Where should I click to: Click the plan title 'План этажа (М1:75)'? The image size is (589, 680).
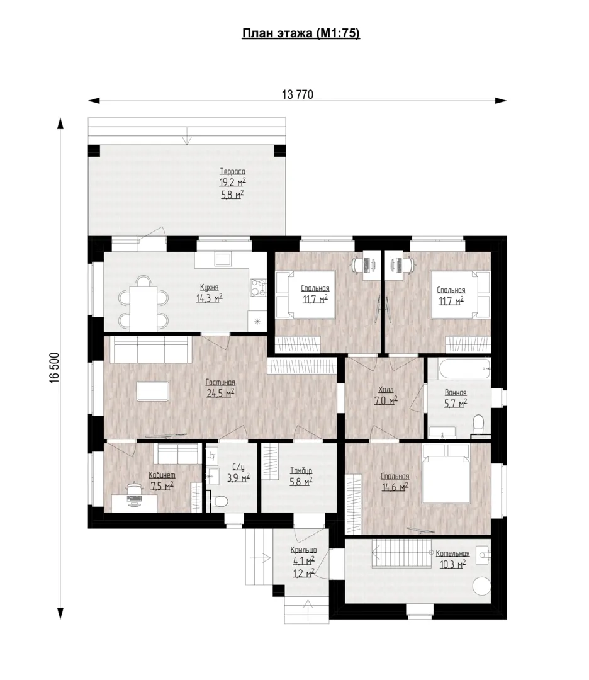(301, 33)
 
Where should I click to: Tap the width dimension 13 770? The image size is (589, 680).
(297, 94)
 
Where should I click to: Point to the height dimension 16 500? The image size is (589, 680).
(54, 367)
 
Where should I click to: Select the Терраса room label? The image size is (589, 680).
(232, 172)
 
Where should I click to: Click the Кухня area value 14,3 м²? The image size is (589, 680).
(210, 298)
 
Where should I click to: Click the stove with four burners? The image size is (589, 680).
(258, 287)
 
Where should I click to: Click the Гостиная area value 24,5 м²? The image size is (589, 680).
(220, 394)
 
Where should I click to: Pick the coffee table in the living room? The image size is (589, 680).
(152, 391)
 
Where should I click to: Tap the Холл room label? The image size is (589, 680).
(386, 390)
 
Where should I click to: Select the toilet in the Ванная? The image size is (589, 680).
(478, 422)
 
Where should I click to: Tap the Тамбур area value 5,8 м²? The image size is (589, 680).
(301, 482)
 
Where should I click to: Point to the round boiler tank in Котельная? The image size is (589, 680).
(481, 586)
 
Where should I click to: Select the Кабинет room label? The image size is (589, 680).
(162, 475)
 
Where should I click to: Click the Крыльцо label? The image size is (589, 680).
(303, 550)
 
